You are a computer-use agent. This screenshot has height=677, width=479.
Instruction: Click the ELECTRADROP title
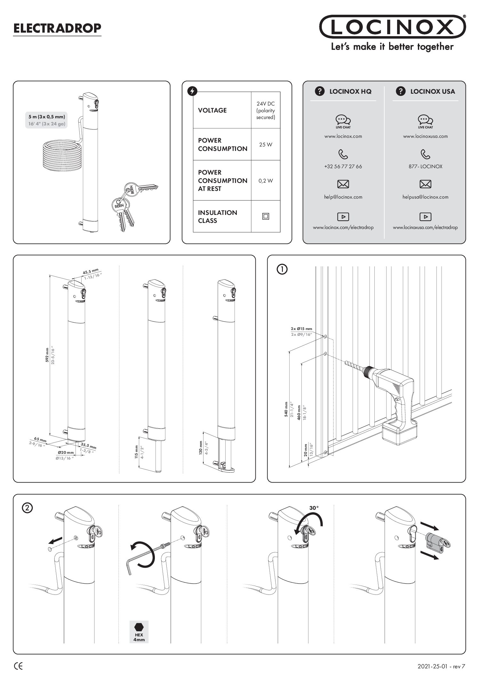pos(57,28)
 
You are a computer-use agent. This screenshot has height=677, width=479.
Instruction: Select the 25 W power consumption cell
pos(266,145)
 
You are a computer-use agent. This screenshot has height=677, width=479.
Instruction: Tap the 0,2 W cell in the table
pos(266,181)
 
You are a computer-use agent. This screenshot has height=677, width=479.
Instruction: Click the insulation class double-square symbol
pos(266,216)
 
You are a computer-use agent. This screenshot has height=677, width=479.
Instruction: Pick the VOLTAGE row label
pos(212,110)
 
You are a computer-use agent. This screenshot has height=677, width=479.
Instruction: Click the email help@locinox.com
pos(343,197)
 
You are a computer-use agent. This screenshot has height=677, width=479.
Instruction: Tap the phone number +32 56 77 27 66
pos(343,167)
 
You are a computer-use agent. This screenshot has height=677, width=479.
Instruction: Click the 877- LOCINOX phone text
pos(425,167)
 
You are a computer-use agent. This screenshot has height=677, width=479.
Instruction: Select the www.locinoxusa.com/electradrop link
pos(425,227)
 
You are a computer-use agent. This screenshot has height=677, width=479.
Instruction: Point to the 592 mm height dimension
pos(47,355)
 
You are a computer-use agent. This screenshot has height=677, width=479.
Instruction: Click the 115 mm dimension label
pos(136,452)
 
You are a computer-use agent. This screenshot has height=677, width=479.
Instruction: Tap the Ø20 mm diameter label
pos(66,453)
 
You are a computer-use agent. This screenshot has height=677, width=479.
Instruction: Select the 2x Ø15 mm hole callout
pos(301,328)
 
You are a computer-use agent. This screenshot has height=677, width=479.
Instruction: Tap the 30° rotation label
pos(314,508)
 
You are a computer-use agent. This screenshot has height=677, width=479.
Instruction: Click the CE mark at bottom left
pos(19,666)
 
